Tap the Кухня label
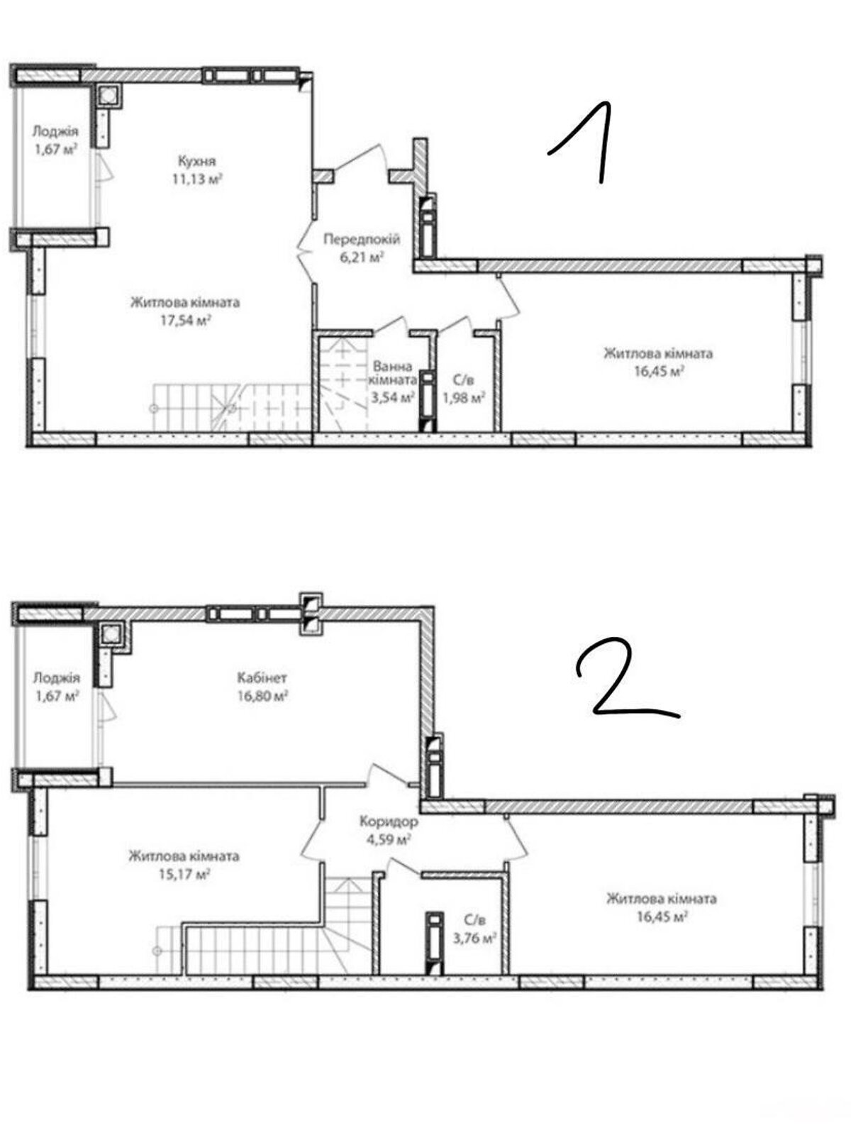click(x=197, y=161)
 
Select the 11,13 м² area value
click(x=198, y=179)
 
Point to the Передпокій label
click(x=362, y=239)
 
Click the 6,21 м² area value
click(x=362, y=257)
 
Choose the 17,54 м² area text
click(x=185, y=321)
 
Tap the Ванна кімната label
click(x=393, y=373)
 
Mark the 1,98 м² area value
click(x=463, y=398)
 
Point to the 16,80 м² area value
click(x=262, y=695)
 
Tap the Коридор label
click(x=389, y=821)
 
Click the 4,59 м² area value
click(x=389, y=838)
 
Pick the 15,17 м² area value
click(x=184, y=875)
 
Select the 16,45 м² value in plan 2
click(x=662, y=917)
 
